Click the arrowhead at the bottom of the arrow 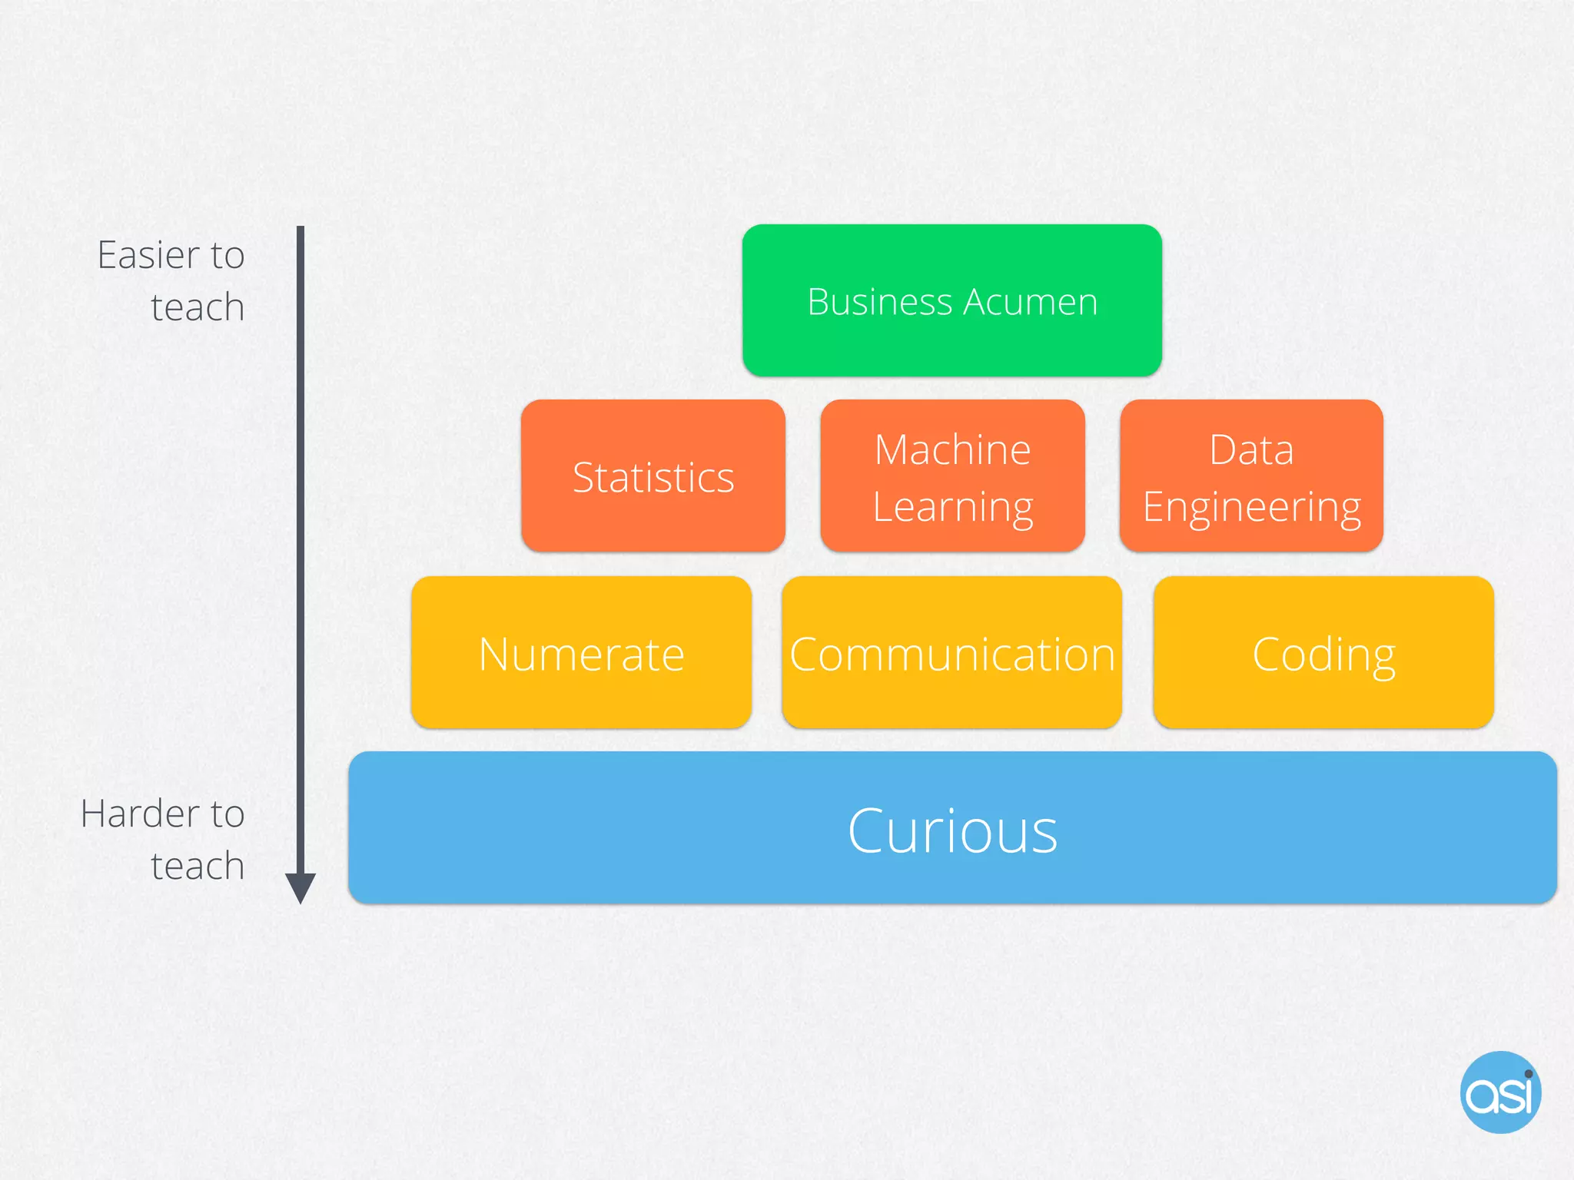(x=301, y=888)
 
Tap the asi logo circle (x=1500, y=1092)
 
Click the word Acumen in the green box (x=1031, y=302)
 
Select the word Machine (x=952, y=449)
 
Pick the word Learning (x=952, y=507)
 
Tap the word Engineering (x=1251, y=507)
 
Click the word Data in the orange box (x=1251, y=449)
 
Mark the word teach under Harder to (x=198, y=866)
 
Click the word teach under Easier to (x=198, y=307)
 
